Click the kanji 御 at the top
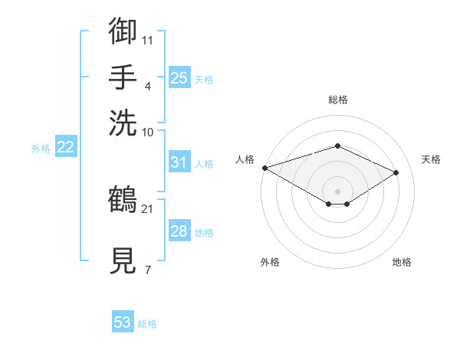123,30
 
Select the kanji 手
123,77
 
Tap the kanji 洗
123,123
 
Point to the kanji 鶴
123,198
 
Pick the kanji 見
123,260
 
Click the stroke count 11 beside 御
147,41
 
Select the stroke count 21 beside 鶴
147,209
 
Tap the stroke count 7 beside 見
148,270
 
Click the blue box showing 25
179,77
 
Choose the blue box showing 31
179,162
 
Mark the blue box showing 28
179,230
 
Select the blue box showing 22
66,146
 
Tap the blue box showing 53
123,321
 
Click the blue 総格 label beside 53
147,324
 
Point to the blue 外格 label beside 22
41,149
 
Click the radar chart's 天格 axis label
431,159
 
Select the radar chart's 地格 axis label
402,262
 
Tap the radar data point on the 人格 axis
265,168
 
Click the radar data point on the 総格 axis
337,146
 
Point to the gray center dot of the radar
337,191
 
